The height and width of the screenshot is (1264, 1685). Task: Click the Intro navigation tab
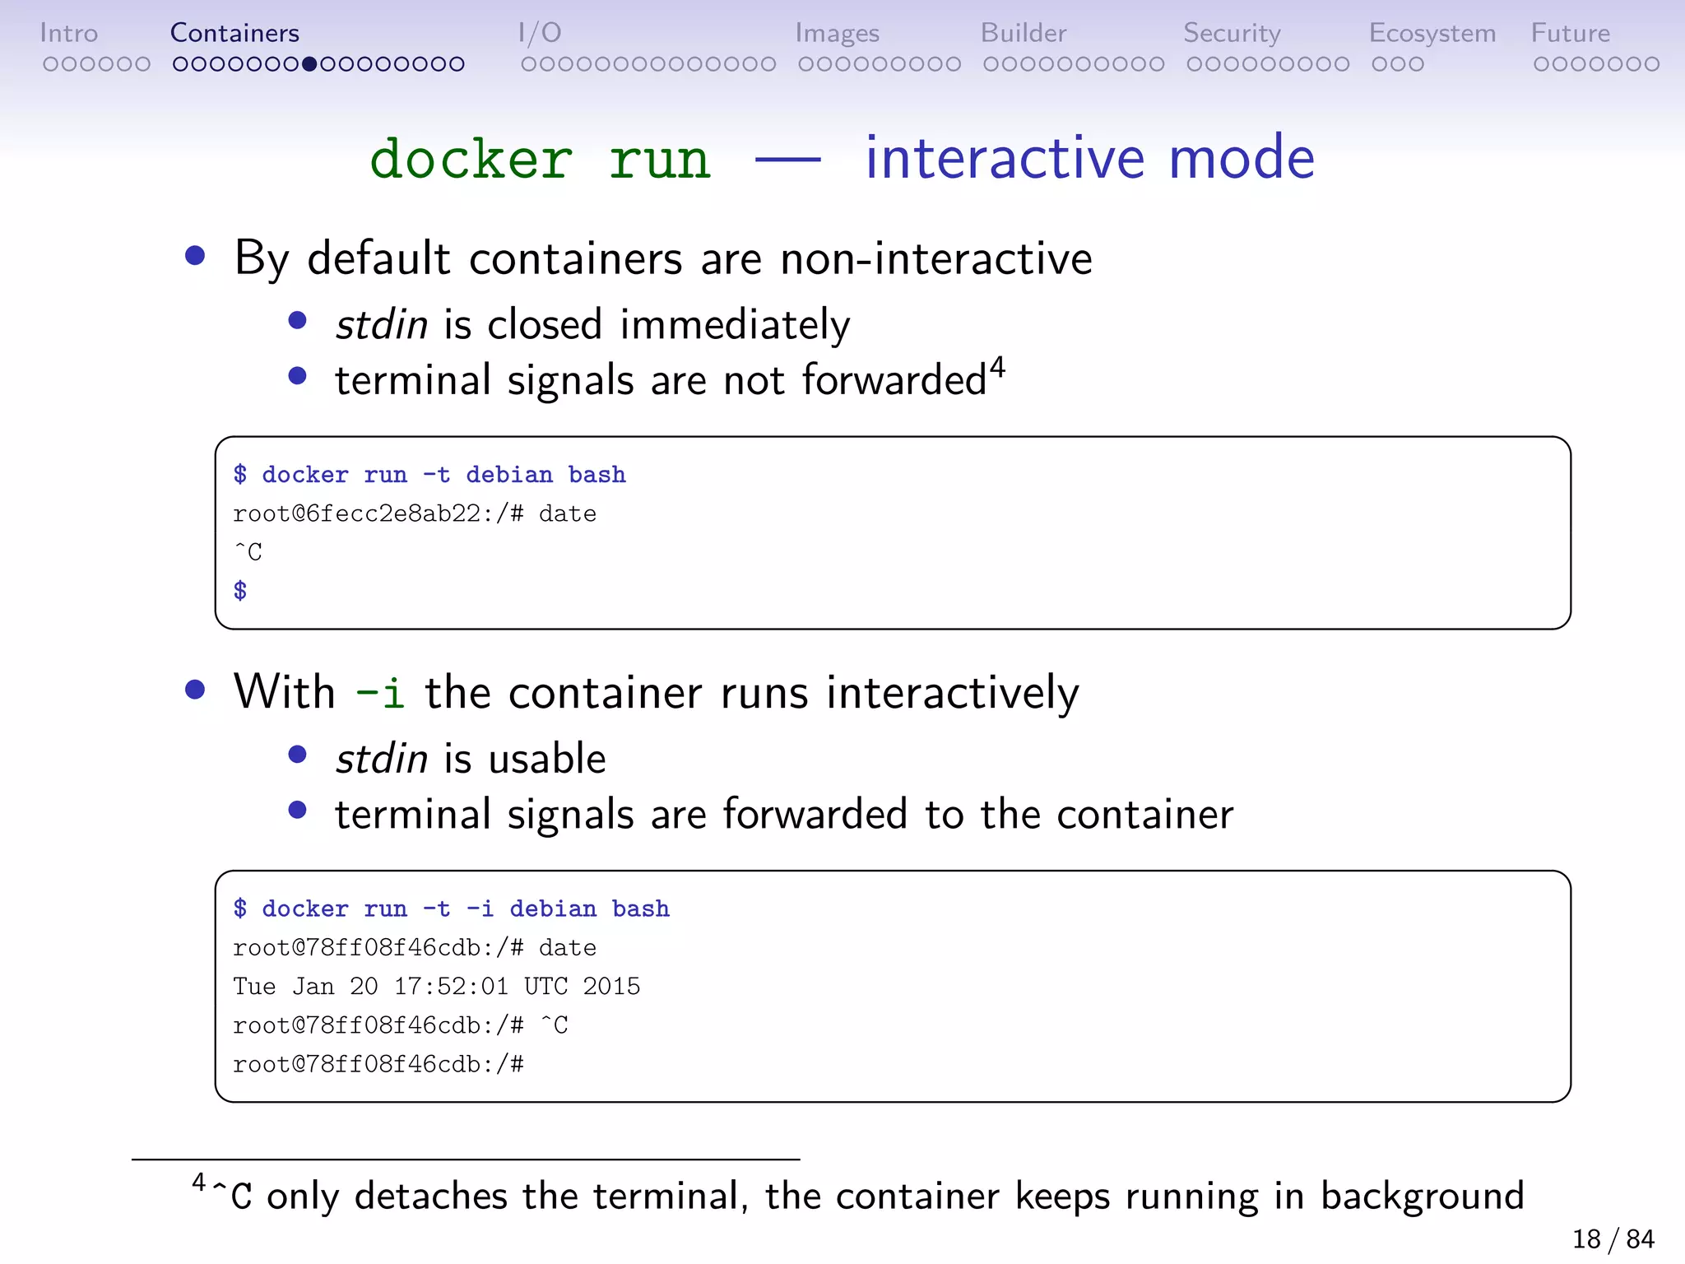[x=68, y=33]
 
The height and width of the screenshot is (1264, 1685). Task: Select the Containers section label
[x=234, y=33]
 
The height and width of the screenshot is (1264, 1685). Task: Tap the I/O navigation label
[x=540, y=33]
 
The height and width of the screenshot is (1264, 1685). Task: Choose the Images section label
[x=837, y=33]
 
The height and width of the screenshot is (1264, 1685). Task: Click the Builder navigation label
[x=1023, y=33]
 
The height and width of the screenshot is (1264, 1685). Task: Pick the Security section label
[x=1232, y=33]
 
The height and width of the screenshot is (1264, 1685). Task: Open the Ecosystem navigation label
[x=1432, y=33]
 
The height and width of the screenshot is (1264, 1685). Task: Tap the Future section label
[x=1570, y=33]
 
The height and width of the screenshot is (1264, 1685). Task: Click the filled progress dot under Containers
[x=309, y=64]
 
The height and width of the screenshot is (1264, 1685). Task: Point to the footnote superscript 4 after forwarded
[x=997, y=366]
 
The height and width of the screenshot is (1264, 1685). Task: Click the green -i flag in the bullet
[x=380, y=692]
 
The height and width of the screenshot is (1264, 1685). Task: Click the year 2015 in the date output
[x=611, y=986]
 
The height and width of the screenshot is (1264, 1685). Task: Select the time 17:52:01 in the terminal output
[x=451, y=986]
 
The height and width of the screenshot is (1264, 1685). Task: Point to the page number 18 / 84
[x=1613, y=1238]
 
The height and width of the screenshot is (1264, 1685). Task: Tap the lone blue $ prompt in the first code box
[x=240, y=590]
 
